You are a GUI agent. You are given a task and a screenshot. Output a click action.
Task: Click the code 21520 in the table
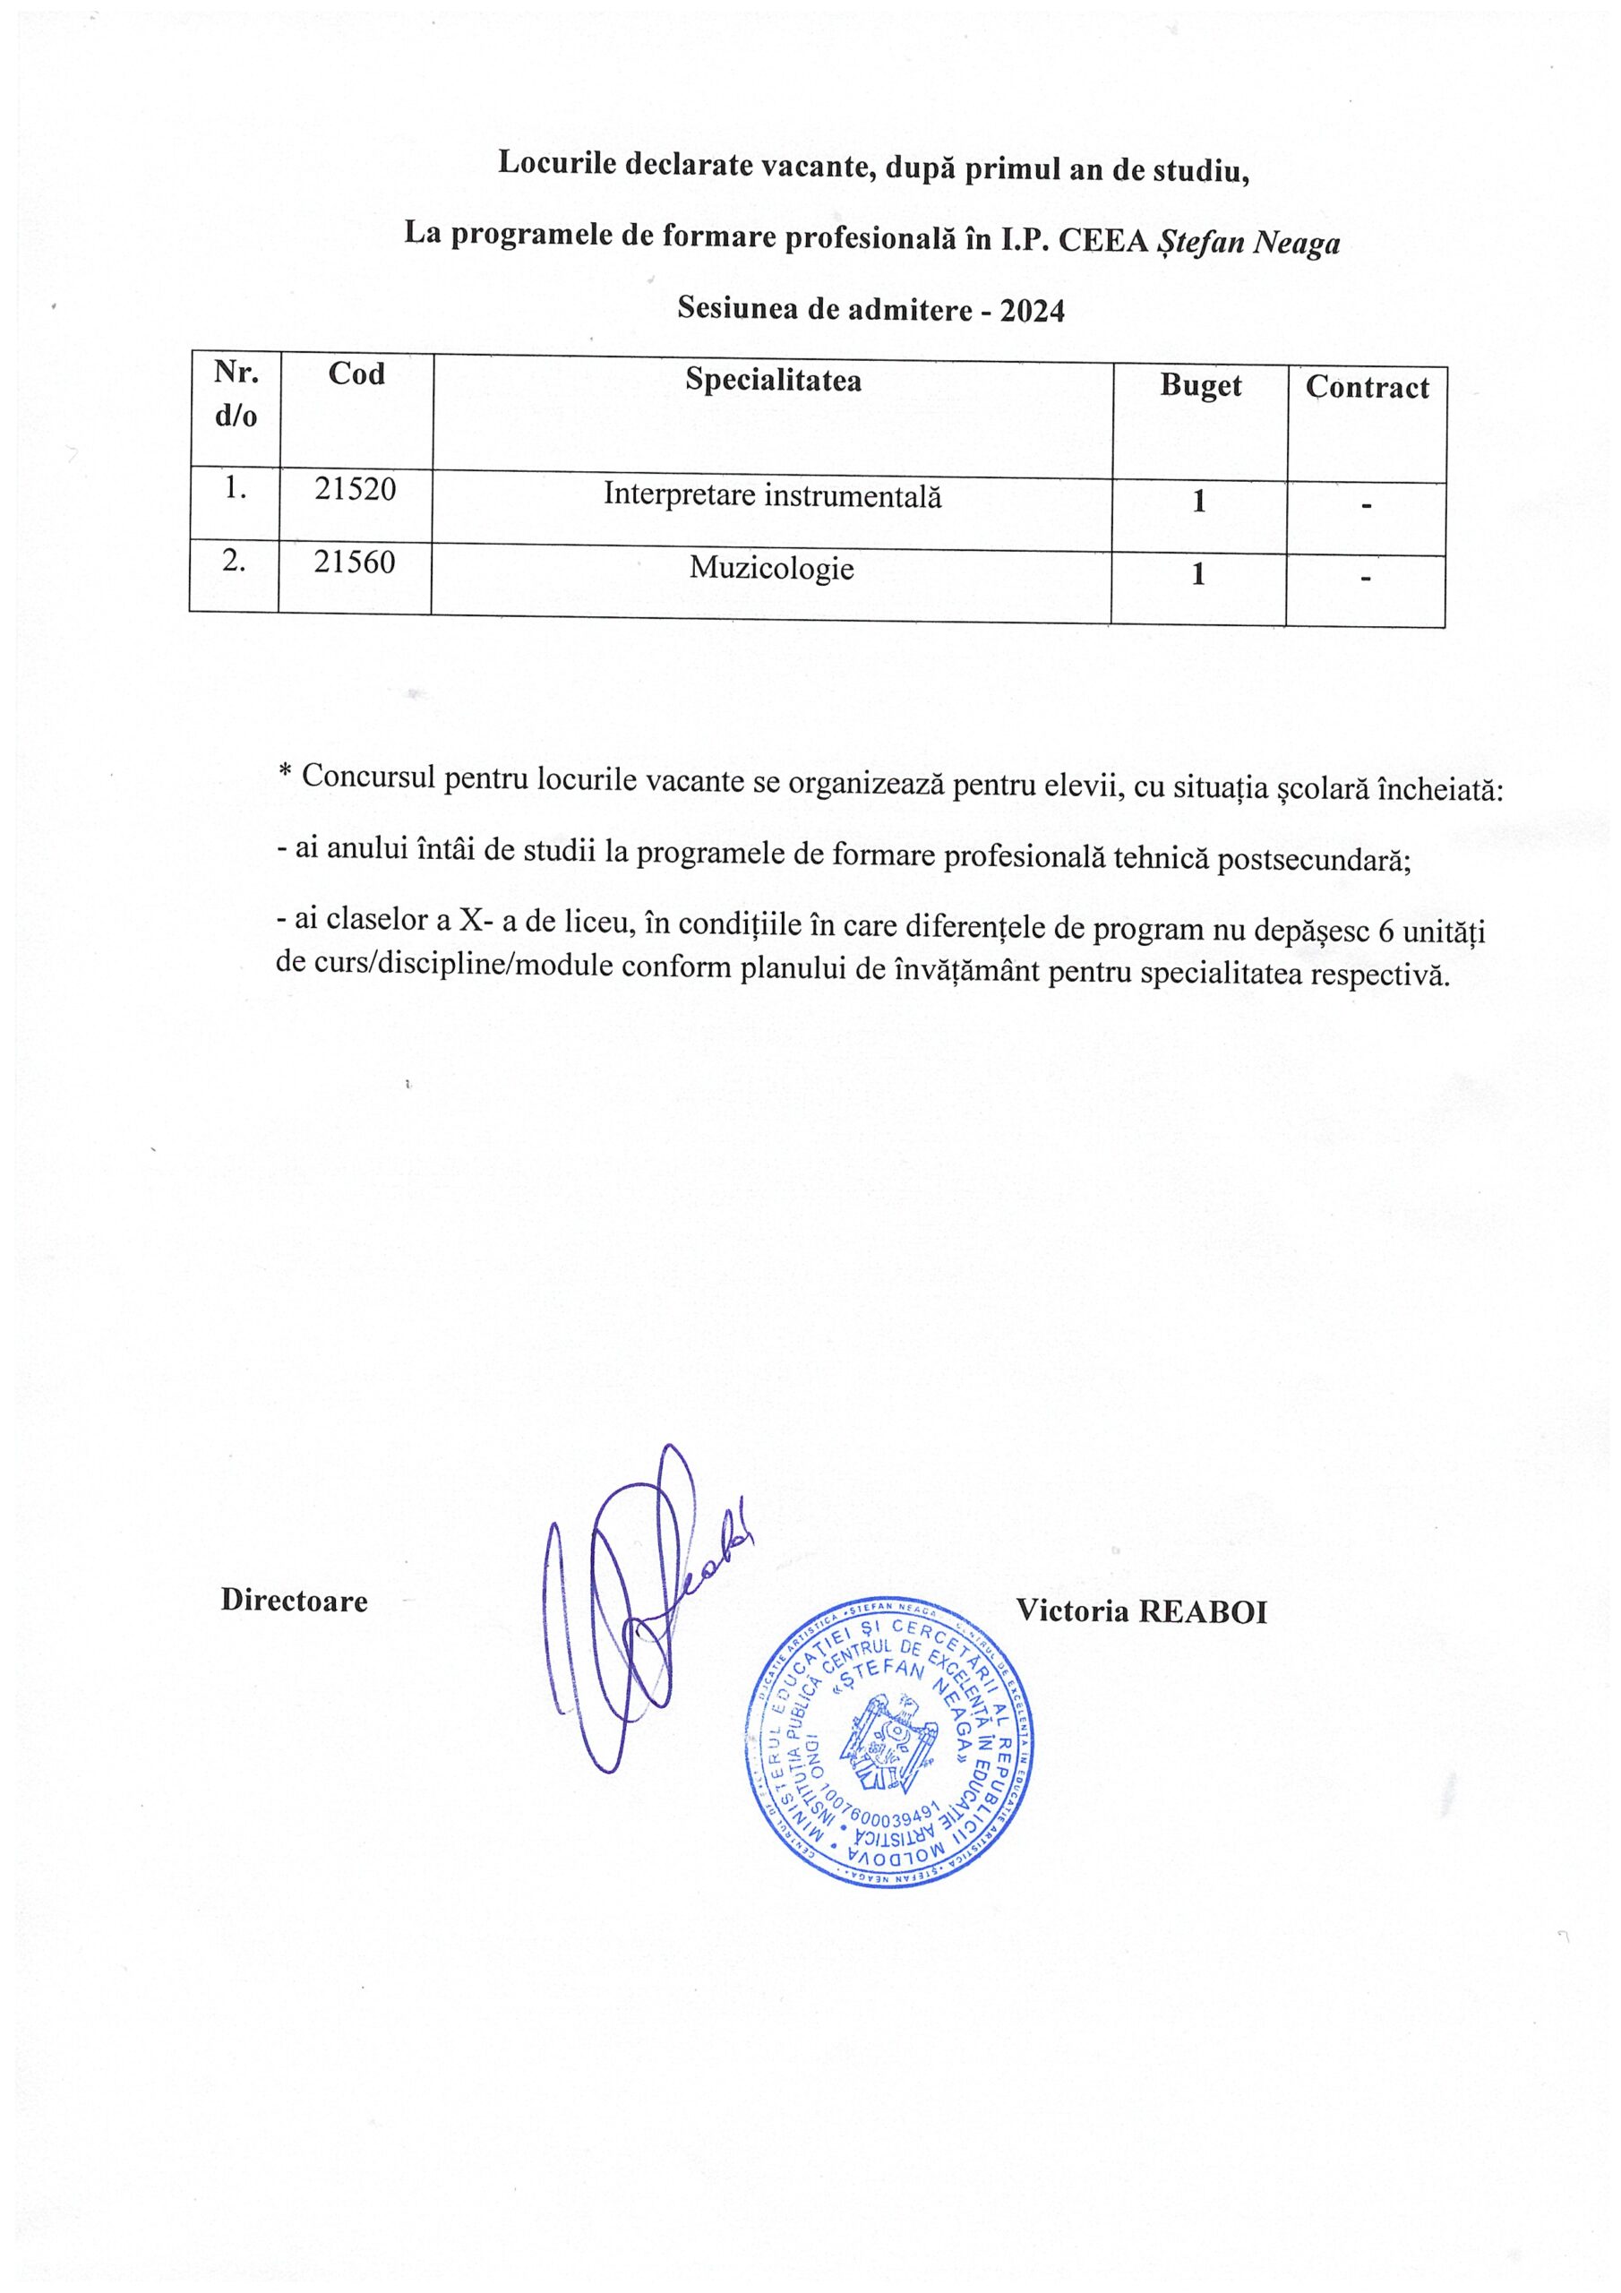pos(355,489)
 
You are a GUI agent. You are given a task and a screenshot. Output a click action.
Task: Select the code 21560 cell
pos(355,563)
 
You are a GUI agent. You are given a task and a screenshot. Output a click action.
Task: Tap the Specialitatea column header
pos(772,381)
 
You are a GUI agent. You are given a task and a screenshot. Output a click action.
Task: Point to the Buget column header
pos(1199,385)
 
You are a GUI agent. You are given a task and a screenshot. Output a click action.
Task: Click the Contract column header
pos(1367,388)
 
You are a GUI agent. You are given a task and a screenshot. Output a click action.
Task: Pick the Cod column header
pos(356,374)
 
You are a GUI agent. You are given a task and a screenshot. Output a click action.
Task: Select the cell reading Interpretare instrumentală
pos(772,495)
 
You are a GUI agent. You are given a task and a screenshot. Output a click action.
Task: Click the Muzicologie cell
pos(771,570)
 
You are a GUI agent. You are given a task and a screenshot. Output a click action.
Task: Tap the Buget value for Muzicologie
pos(1198,574)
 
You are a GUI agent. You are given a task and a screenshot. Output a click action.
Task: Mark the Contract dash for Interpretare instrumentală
pos(1366,506)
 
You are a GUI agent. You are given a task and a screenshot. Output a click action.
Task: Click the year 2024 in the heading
pos(1033,311)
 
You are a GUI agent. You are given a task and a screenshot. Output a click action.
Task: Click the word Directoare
pos(294,1600)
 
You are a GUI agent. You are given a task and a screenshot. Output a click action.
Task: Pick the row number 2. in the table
pos(234,563)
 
